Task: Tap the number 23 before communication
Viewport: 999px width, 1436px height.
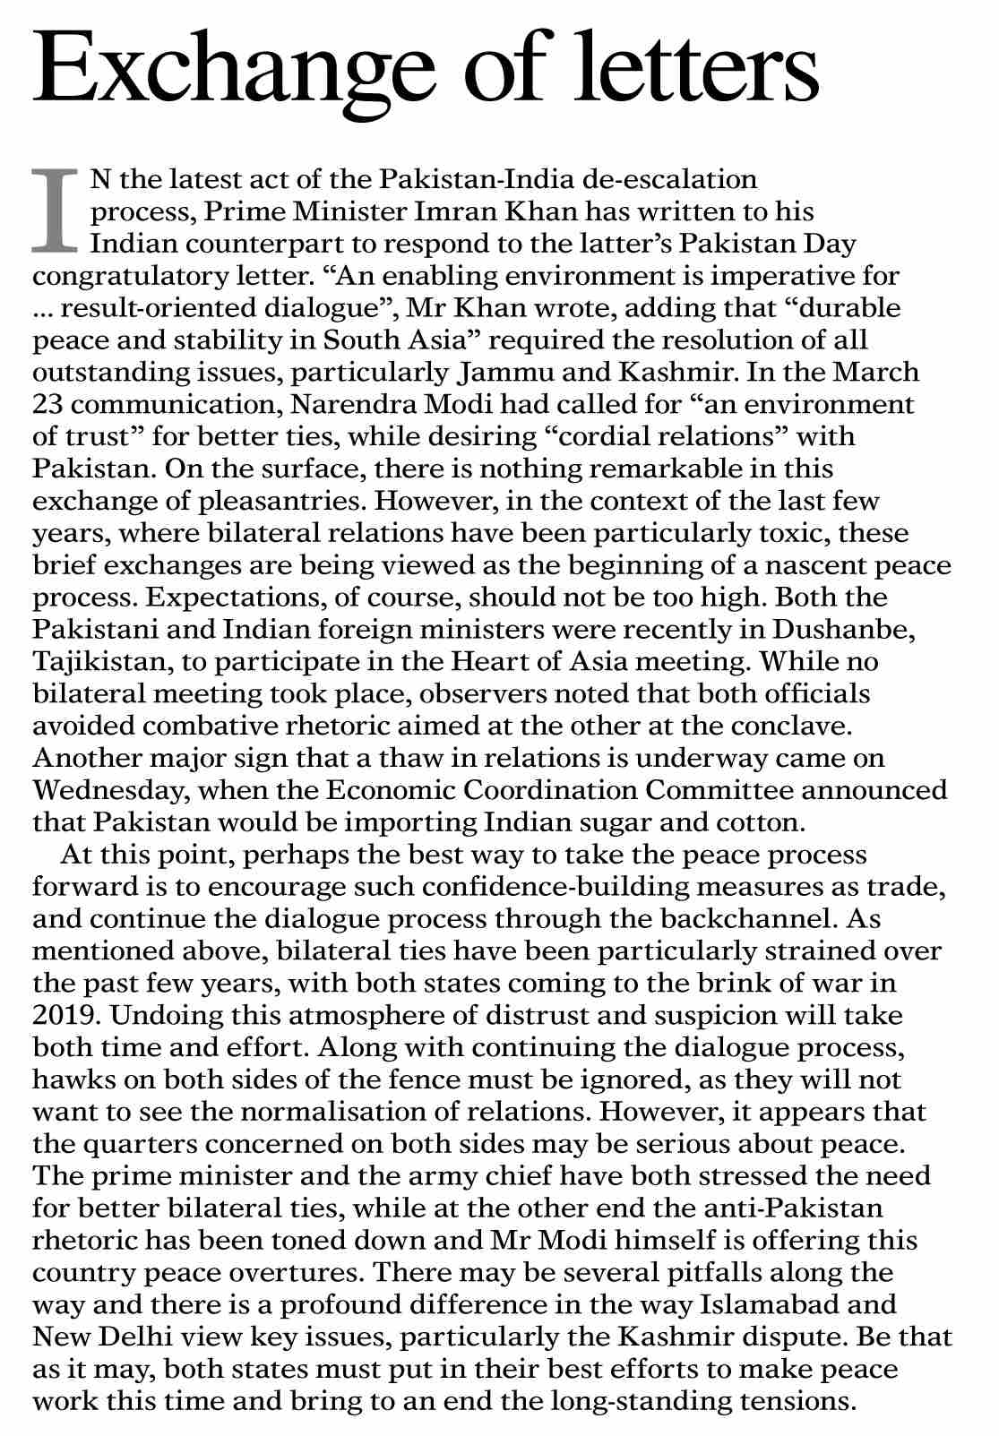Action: click(x=47, y=405)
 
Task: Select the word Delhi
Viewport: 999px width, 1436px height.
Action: click(x=135, y=1337)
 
